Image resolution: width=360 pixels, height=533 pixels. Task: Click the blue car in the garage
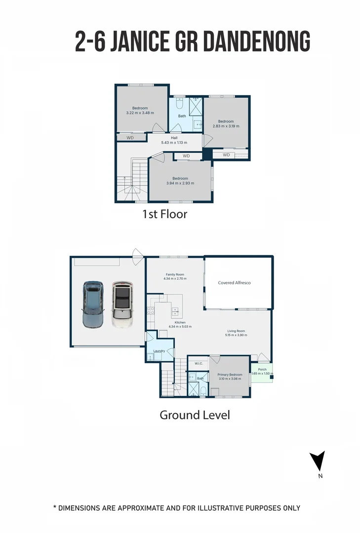coord(92,304)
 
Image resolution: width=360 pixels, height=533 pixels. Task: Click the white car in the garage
coord(122,304)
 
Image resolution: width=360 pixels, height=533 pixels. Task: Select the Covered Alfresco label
coord(235,282)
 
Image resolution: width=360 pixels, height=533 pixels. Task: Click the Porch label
coord(262,370)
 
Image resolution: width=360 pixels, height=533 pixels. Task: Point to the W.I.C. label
coord(199,363)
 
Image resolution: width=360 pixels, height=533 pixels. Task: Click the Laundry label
coord(159,351)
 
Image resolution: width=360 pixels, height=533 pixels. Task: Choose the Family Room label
coord(175,274)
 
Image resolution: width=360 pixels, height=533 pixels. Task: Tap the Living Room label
coord(236,331)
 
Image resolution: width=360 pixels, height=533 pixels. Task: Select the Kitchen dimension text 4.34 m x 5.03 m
coord(180,327)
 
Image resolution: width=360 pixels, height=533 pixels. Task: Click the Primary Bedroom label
coord(230,375)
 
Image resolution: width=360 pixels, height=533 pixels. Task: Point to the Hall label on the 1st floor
coord(174,138)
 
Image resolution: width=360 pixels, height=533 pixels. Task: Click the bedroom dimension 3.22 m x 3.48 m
coord(140,113)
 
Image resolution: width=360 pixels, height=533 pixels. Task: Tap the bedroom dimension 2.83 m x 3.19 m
coord(226,126)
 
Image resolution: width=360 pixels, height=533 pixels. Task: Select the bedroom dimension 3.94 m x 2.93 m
coord(180,183)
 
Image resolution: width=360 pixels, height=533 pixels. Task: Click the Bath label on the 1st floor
coord(182,116)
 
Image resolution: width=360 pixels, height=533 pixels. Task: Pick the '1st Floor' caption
coord(164,214)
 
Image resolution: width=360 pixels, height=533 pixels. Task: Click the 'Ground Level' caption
coord(195,415)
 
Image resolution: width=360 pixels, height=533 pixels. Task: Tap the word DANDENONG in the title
coord(257,41)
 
